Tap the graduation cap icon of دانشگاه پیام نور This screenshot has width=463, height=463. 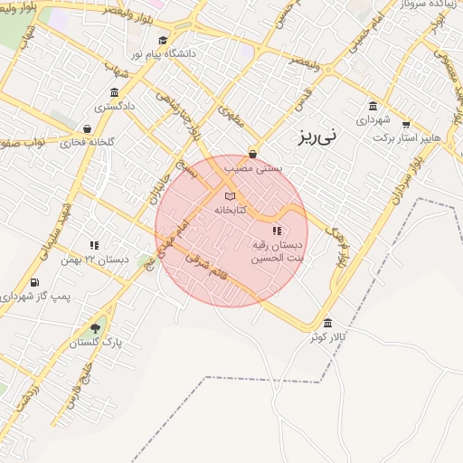tap(163, 40)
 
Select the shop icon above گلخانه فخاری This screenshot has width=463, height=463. tap(86, 128)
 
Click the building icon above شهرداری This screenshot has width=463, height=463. tap(373, 105)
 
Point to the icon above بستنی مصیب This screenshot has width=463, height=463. tap(251, 154)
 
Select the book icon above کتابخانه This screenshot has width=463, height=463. tap(230, 195)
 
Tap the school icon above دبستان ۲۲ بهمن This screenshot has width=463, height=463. tap(94, 244)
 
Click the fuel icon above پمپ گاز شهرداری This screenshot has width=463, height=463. tap(35, 282)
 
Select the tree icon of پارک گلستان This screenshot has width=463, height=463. tap(96, 328)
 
